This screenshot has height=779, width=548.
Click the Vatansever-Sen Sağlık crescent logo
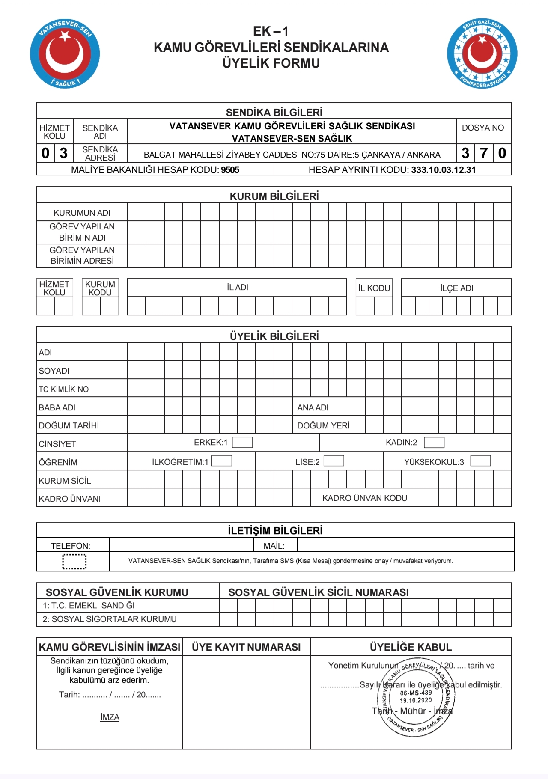[65, 54]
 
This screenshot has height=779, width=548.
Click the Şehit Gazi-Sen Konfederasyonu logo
[482, 54]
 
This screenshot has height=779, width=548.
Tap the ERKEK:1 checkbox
[242, 442]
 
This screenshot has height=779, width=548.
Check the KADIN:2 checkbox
[434, 442]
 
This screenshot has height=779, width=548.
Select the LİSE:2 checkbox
[334, 461]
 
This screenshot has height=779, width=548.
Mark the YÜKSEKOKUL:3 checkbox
[480, 461]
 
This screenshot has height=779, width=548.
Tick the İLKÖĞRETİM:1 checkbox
[222, 461]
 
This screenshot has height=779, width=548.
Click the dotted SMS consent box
[74, 561]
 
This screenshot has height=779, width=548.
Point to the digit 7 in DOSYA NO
[484, 153]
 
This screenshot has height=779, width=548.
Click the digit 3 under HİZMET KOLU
[64, 153]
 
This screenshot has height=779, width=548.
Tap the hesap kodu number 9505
[230, 170]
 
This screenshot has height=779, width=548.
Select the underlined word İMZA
[110, 717]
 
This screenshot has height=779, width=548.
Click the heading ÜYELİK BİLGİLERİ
[274, 336]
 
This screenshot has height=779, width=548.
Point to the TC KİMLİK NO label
[64, 389]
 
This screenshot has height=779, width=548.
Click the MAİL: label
[274, 546]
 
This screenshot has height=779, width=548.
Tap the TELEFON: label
[71, 546]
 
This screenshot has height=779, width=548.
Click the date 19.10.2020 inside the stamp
[416, 700]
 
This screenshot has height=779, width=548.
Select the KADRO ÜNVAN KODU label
[364, 498]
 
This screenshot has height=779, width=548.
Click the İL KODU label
[374, 288]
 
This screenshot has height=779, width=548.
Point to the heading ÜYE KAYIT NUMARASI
[246, 647]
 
